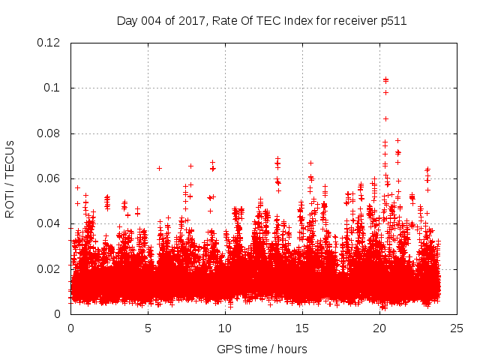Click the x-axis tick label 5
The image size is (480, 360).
[x=148, y=328]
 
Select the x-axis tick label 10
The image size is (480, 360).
[x=225, y=328]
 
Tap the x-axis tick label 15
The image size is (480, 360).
[x=302, y=328]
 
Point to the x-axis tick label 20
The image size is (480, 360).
[x=379, y=328]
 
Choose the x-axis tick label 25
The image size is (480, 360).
[x=457, y=328]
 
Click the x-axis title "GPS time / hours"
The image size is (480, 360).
[x=262, y=349]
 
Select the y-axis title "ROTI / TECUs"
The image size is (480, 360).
[x=10, y=178]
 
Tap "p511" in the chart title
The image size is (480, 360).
[x=394, y=21]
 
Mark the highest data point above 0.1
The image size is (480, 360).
[x=385, y=79]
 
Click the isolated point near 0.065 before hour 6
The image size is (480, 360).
[x=159, y=168]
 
